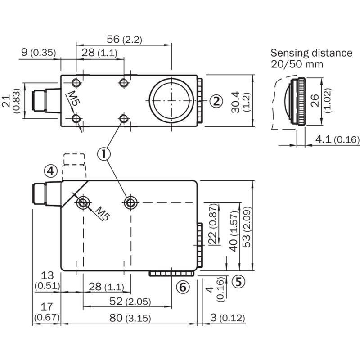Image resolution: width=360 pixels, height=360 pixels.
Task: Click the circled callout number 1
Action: pos(104,154)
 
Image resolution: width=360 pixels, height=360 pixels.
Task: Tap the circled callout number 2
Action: pos(216,101)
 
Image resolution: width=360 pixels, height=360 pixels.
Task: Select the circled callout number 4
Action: pos(51,171)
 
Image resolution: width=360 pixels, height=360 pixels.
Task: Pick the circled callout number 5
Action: pos(238,282)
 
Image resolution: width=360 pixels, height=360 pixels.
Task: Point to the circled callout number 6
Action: pos(183,287)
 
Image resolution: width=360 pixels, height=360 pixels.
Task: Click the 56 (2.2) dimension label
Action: pos(125,39)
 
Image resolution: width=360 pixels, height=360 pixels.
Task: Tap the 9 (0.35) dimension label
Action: pos(39,52)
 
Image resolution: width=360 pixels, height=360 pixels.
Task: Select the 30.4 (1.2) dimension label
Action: pos(239,102)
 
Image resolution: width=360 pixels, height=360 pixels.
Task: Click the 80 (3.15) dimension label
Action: pos(130,318)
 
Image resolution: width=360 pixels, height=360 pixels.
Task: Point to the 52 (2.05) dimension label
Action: pos(130,301)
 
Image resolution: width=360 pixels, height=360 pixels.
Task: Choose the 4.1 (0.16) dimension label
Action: pos(337,139)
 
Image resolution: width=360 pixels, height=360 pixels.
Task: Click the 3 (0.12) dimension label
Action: pos(228,318)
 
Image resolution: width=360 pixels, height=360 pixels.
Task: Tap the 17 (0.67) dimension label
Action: pos(47,312)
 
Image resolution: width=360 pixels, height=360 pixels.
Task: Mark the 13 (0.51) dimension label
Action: pos(47,280)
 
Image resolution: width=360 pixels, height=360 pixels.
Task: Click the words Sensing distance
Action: pos(311,53)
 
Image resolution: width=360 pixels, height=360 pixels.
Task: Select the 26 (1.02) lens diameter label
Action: pos(321,100)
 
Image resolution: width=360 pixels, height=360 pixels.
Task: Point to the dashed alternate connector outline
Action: pos(74,159)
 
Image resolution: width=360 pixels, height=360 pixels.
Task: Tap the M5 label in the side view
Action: pos(103,213)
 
